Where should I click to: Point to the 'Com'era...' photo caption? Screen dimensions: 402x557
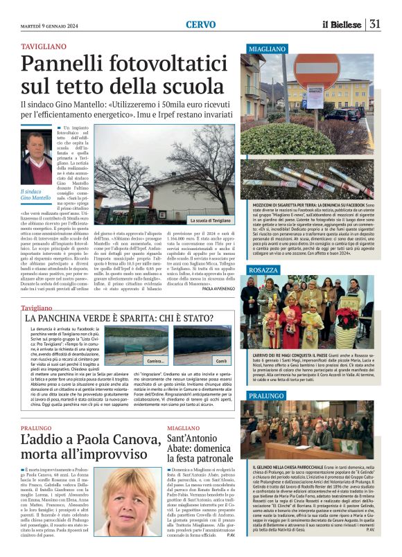(x=155, y=361)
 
